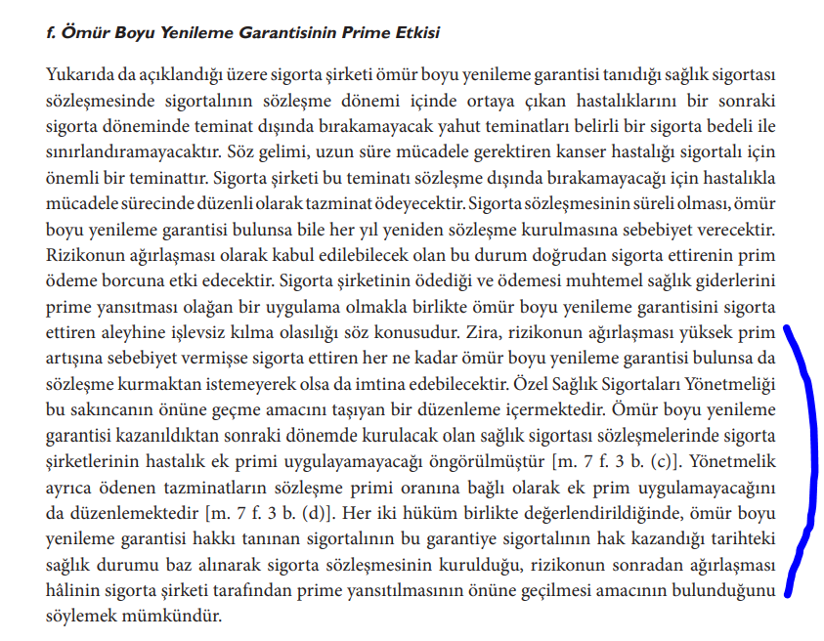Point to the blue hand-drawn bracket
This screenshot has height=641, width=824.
pyautogui.click(x=803, y=459)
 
